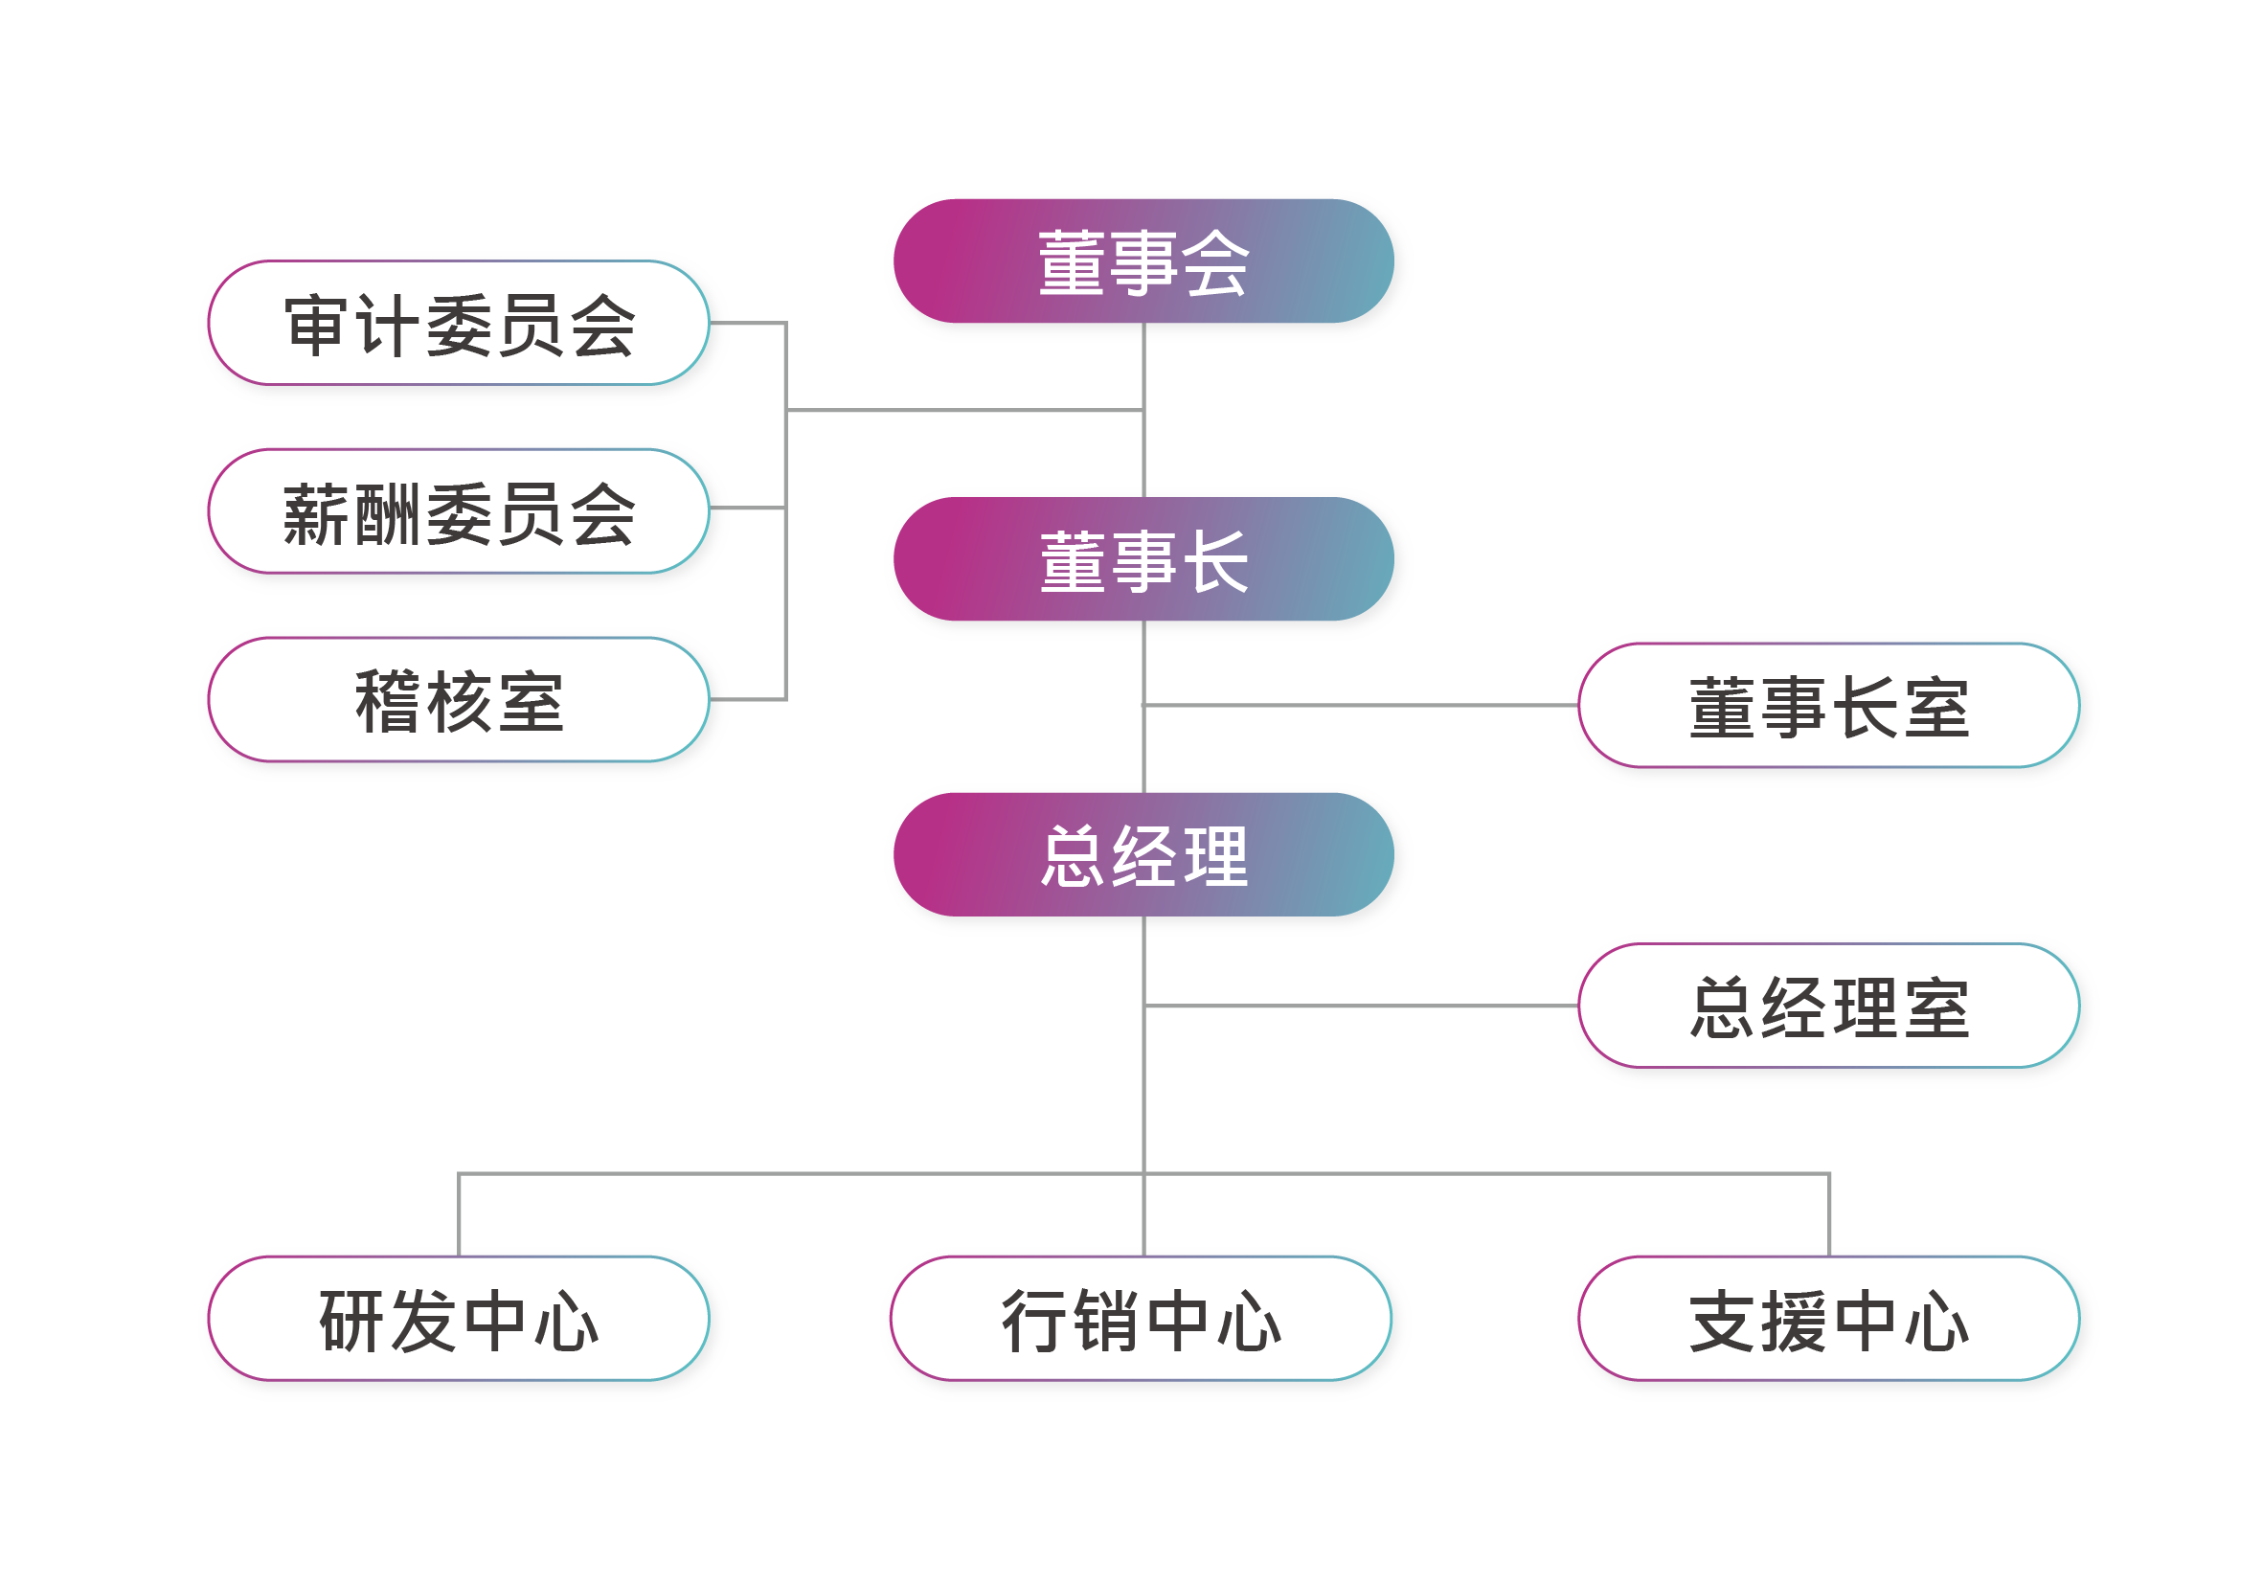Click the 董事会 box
pos(1143,261)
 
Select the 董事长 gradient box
pos(1143,559)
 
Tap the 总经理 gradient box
pos(1143,854)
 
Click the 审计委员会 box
pos(459,324)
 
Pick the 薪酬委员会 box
pos(459,511)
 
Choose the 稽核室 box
pos(459,700)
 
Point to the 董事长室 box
pos(1828,706)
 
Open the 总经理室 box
pos(1828,1007)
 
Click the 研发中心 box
pos(459,1319)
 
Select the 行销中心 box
pos(1141,1319)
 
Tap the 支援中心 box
pos(1828,1319)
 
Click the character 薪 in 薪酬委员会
pos(315,513)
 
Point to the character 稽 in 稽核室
pos(387,702)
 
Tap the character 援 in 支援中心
pos(1793,1321)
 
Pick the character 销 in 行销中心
pos(1105,1321)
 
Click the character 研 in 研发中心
pos(351,1321)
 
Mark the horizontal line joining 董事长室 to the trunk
pos(1360,706)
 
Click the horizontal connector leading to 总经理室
pos(1360,1007)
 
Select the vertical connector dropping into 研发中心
pos(460,1214)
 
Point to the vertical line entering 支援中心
pos(1829,1214)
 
